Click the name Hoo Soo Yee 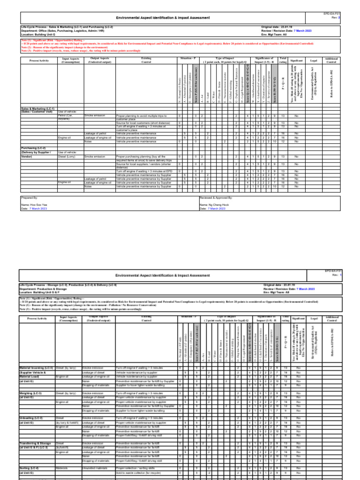pyautogui.click(x=35, y=205)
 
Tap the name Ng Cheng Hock pyautogui.click(x=214, y=205)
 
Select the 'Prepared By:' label pyautogui.click(x=29, y=198)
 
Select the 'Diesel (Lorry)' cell pyautogui.click(x=67, y=156)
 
